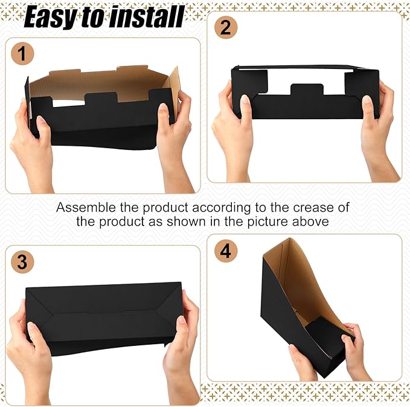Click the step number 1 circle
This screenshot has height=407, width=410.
[x=22, y=55]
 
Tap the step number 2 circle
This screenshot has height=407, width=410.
[x=225, y=28]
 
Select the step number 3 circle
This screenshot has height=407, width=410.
[x=22, y=262]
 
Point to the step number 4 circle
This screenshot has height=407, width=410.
[x=225, y=251]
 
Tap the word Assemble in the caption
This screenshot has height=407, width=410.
[x=84, y=207]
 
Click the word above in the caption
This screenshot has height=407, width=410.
[x=312, y=221]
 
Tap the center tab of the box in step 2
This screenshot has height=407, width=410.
[x=307, y=92]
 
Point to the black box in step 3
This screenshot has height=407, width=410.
[x=103, y=314]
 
